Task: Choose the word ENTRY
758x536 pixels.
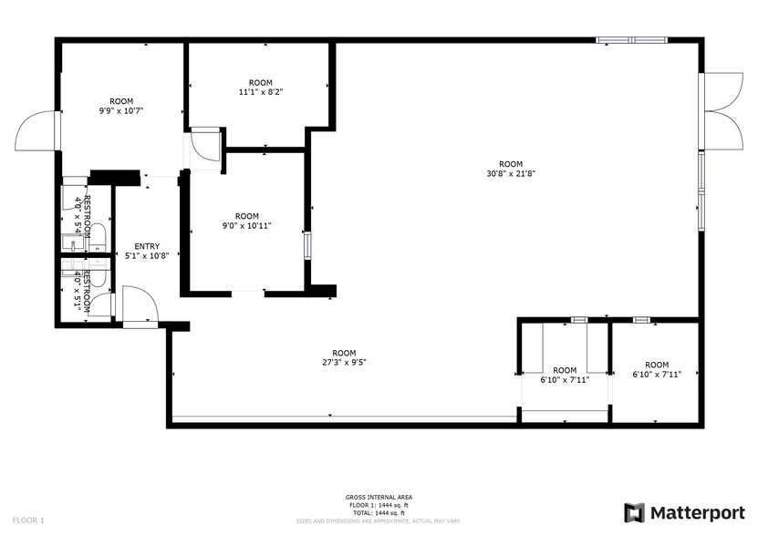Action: pos(147,246)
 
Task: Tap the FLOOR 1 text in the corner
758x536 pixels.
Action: pos(29,520)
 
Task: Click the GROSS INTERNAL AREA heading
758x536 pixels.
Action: pos(379,497)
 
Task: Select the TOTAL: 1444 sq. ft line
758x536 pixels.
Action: pos(379,511)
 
